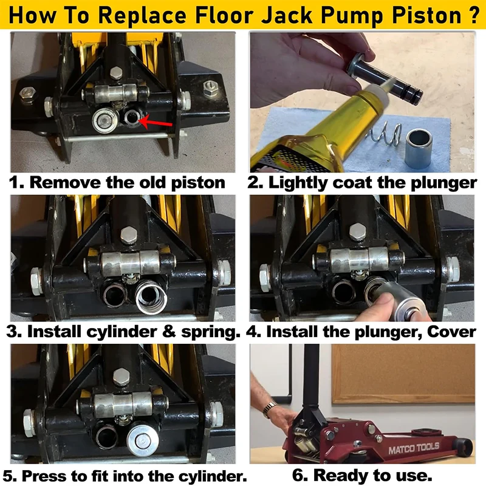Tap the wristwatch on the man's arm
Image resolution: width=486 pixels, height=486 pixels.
[269, 409]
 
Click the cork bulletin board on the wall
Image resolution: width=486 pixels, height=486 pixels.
[403, 373]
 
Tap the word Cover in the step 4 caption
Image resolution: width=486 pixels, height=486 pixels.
[451, 332]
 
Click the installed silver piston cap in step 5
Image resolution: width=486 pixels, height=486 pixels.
[143, 440]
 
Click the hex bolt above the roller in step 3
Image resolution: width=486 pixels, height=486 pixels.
[128, 234]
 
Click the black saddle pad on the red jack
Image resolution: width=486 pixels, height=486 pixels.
[425, 431]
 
